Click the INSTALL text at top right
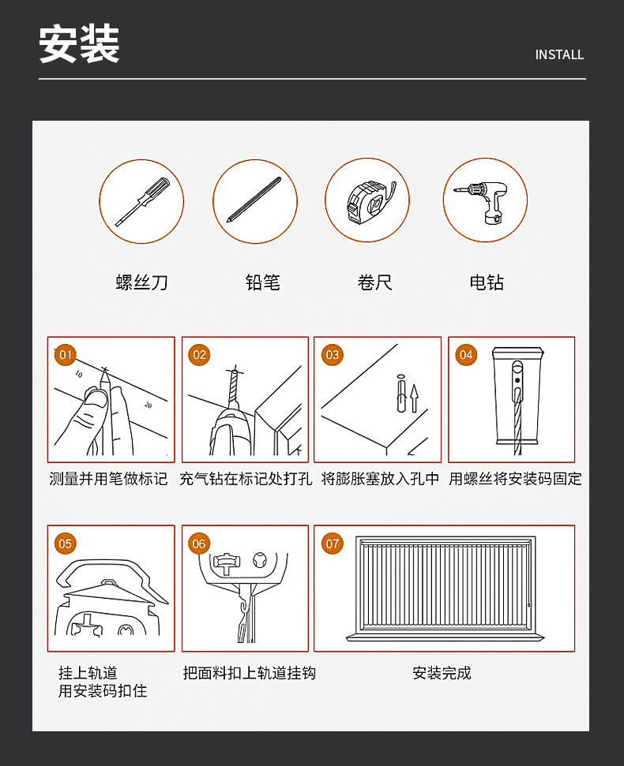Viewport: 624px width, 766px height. pyautogui.click(x=559, y=54)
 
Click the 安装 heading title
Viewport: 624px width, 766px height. pyautogui.click(x=80, y=44)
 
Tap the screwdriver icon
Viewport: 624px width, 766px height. pyautogui.click(x=141, y=200)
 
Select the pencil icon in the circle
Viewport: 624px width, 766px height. pyautogui.click(x=254, y=200)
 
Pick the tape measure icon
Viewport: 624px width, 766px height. pyautogui.click(x=367, y=200)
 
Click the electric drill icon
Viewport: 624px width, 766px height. pyautogui.click(x=484, y=200)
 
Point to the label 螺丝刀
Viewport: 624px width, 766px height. pyautogui.click(x=141, y=282)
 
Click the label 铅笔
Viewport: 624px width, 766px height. pyautogui.click(x=262, y=282)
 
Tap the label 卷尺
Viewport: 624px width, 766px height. pyautogui.click(x=374, y=282)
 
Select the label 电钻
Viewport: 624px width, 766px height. pyautogui.click(x=487, y=282)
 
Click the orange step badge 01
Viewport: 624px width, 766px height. pyautogui.click(x=66, y=355)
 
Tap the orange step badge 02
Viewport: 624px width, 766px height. pyautogui.click(x=199, y=355)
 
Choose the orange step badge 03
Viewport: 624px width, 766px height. pyautogui.click(x=332, y=355)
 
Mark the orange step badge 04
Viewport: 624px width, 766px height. pyautogui.click(x=466, y=355)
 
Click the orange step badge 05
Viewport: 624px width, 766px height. pyautogui.click(x=66, y=544)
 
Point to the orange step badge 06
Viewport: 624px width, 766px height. pyautogui.click(x=199, y=544)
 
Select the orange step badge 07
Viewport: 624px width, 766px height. pyautogui.click(x=333, y=544)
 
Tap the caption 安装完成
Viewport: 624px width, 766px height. pyautogui.click(x=442, y=673)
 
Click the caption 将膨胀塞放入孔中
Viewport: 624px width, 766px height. pyautogui.click(x=380, y=479)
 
